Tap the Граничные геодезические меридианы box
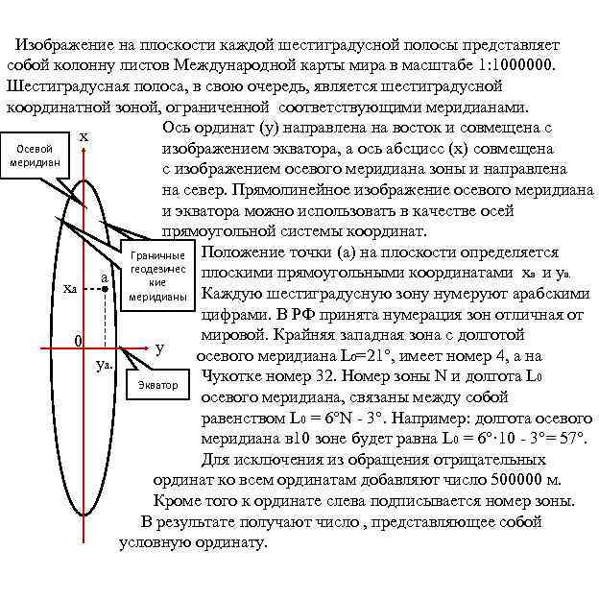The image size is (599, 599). pyautogui.click(x=158, y=276)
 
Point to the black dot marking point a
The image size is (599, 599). pyautogui.click(x=104, y=288)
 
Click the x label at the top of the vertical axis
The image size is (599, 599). pyautogui.click(x=84, y=137)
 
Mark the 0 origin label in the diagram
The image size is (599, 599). pyautogui.click(x=79, y=341)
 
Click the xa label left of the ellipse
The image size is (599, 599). pyautogui.click(x=69, y=289)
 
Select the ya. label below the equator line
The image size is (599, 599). pyautogui.click(x=106, y=367)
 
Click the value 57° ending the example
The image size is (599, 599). pyautogui.click(x=570, y=439)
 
